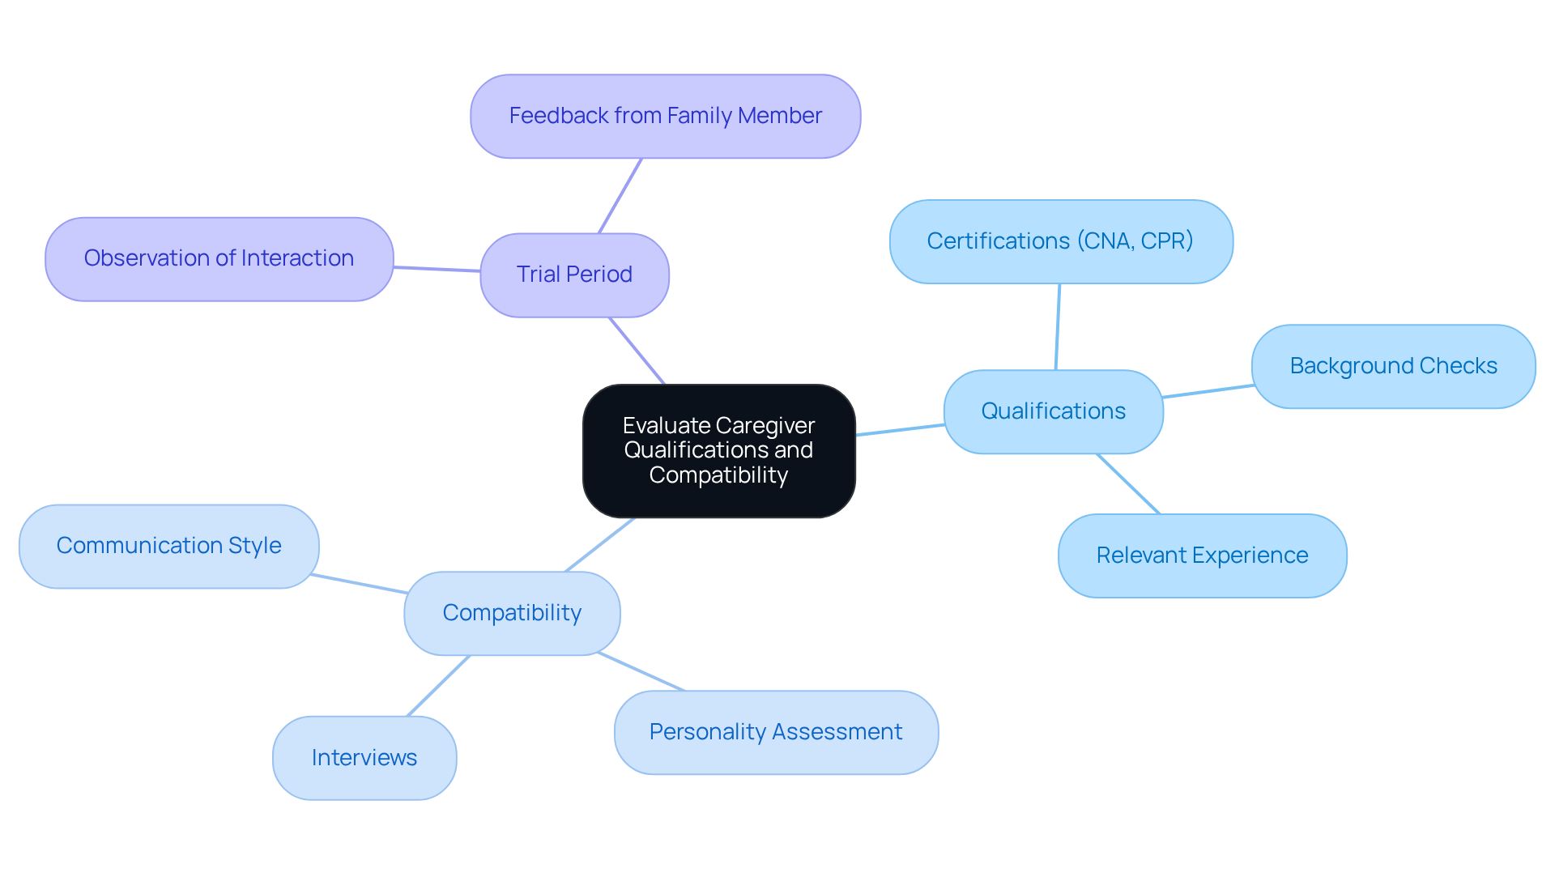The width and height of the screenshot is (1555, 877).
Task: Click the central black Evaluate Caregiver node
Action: (x=718, y=451)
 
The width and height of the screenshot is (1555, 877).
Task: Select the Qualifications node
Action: (x=1053, y=411)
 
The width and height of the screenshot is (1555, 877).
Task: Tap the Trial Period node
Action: (x=574, y=275)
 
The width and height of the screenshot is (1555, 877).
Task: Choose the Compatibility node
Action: (x=512, y=613)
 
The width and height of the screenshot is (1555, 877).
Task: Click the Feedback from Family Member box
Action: (x=665, y=117)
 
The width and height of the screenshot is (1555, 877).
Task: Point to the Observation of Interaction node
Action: (x=219, y=258)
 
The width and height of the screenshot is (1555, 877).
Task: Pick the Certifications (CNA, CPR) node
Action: (x=1060, y=241)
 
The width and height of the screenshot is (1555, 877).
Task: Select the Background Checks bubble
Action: (x=1393, y=366)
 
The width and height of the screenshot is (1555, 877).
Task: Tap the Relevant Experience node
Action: (x=1202, y=556)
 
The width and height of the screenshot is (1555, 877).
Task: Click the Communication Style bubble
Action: (x=168, y=546)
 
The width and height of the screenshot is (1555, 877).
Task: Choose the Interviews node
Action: (x=364, y=758)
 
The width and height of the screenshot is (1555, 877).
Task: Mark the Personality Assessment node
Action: (x=775, y=732)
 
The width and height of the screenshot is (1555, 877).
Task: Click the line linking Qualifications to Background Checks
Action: (x=1208, y=391)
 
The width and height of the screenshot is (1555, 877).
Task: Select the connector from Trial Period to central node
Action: (x=637, y=351)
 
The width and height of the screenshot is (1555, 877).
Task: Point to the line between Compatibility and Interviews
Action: (x=438, y=686)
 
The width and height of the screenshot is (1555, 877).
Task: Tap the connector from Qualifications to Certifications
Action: (x=1058, y=326)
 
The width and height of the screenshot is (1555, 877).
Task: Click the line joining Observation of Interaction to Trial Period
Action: (x=437, y=269)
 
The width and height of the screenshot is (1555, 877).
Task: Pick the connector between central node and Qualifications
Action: (x=900, y=430)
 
